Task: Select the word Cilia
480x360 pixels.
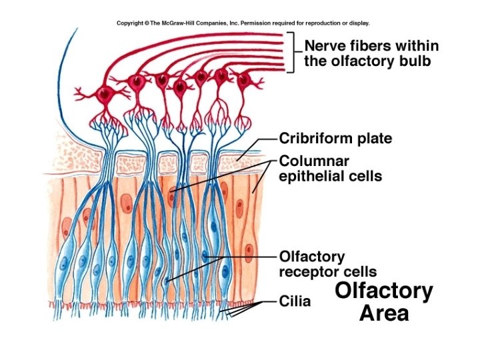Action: point(294,301)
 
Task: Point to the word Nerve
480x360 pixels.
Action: point(326,47)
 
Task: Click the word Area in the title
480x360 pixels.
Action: point(383,313)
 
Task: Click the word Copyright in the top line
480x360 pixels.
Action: point(131,23)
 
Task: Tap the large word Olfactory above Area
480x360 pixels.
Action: point(383,291)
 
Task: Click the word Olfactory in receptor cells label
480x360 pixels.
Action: point(302,257)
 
